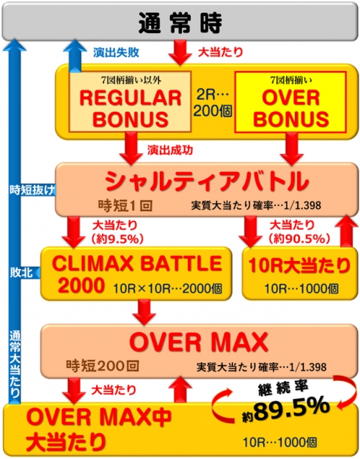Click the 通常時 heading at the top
[180, 23]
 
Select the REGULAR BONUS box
[130, 101]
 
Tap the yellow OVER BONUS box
[290, 102]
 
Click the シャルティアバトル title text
[207, 181]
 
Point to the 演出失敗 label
[116, 52]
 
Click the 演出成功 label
[170, 150]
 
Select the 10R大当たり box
[300, 274]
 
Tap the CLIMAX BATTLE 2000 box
[136, 274]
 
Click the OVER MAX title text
[199, 341]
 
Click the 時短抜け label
[32, 190]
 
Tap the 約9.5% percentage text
[118, 239]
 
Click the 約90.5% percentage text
[299, 239]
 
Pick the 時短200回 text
[103, 366]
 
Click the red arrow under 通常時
[180, 52]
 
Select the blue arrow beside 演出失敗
[75, 56]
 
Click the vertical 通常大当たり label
[15, 364]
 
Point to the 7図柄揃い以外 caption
[131, 80]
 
